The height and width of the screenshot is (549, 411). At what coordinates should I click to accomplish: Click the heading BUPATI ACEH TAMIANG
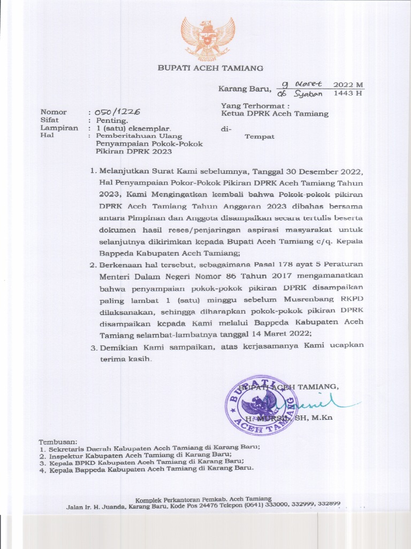coord(210,68)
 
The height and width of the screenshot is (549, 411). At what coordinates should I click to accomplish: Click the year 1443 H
coord(348,93)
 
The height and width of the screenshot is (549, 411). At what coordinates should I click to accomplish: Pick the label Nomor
coord(54,113)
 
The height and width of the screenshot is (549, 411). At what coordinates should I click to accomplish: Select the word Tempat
coord(260,137)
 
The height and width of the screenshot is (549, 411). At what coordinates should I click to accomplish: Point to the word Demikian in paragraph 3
coord(119,346)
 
